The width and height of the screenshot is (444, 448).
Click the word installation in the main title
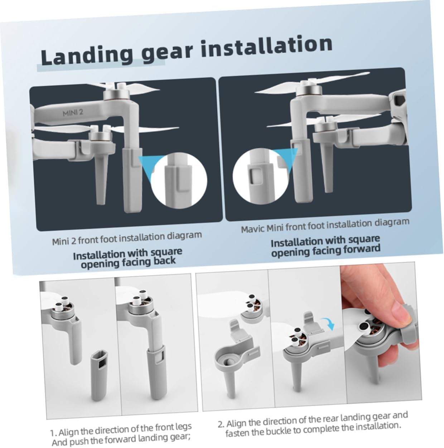[266, 46]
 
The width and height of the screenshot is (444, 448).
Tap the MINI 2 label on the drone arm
[73, 113]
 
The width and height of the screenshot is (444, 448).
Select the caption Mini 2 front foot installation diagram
[127, 238]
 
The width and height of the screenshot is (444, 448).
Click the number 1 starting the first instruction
[52, 433]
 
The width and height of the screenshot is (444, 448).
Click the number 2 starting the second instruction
[221, 424]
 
